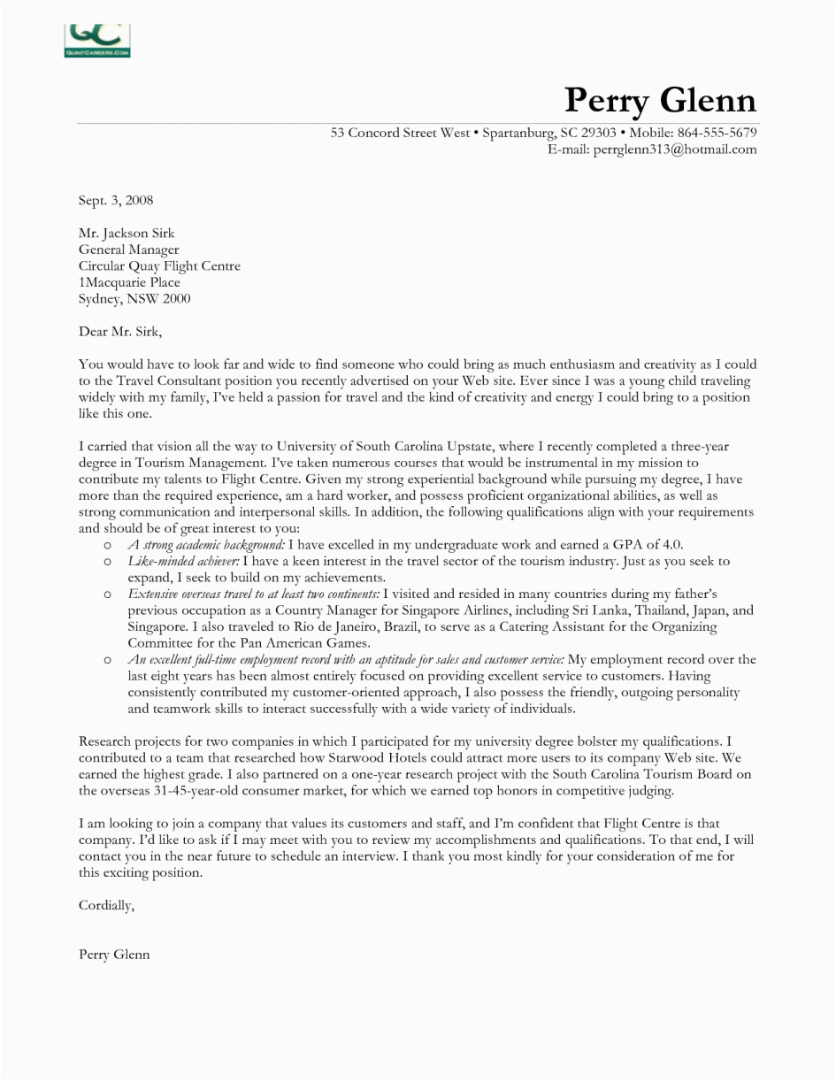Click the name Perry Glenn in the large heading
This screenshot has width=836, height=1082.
tap(660, 100)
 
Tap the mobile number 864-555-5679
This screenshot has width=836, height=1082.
tap(717, 133)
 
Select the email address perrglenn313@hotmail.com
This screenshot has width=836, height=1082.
tap(664, 150)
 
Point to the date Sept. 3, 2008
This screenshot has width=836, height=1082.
tap(116, 201)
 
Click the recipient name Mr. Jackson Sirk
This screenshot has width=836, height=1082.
tap(127, 234)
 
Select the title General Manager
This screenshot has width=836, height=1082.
tap(128, 249)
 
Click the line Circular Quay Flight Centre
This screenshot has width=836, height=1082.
tap(159, 266)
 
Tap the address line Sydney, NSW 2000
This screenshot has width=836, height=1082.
tap(134, 299)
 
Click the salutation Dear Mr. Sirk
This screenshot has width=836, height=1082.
tap(120, 332)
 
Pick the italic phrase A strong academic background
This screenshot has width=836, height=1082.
tap(206, 545)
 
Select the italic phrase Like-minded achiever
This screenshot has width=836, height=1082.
tap(183, 562)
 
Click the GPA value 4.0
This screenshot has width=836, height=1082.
tap(670, 545)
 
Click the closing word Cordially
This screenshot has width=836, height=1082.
tap(106, 905)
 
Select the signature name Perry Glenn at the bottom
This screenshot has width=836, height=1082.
tap(114, 955)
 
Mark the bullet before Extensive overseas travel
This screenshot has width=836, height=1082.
tap(107, 595)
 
